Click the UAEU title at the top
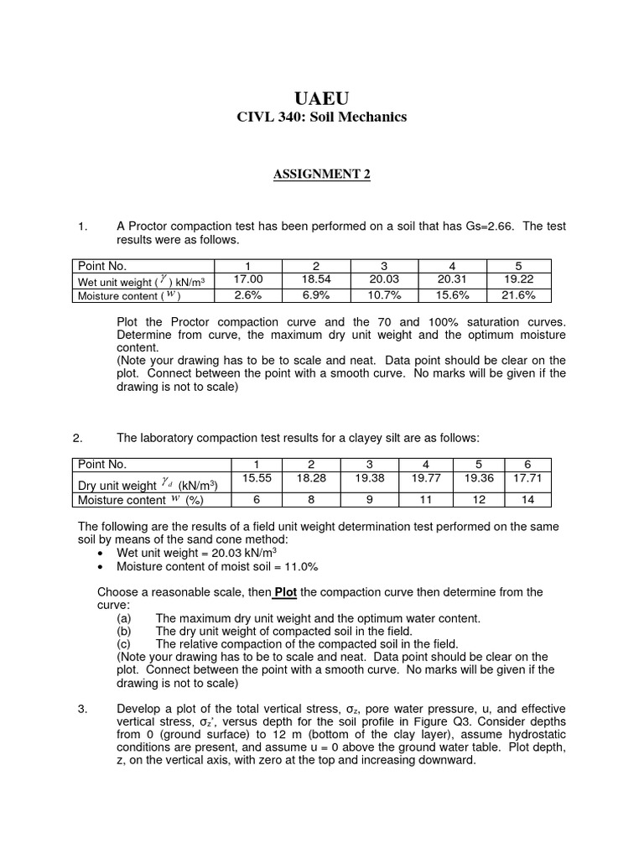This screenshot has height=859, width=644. point(322,98)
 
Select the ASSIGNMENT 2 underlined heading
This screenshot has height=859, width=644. point(322,174)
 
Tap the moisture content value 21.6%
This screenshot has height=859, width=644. point(518,294)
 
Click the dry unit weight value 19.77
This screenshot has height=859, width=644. point(426,478)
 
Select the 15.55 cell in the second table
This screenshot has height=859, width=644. point(257,478)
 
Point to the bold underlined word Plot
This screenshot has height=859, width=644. point(286,592)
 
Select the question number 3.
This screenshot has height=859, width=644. point(82,709)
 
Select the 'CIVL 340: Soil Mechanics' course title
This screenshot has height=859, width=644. point(322,117)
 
